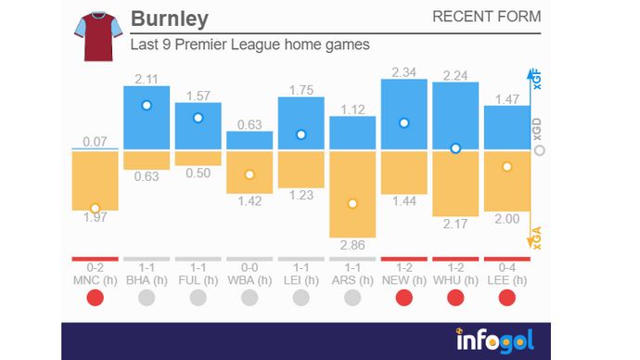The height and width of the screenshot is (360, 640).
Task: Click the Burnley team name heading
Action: pos(170,19)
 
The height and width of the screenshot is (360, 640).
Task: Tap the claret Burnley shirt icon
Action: pos(97,36)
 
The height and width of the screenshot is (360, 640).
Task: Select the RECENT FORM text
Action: pos(486,18)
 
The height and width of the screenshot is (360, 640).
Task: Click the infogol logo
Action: pos(494,340)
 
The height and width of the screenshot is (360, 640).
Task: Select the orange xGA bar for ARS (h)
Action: pos(352,195)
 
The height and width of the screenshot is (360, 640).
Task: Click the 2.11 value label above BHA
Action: pos(147,77)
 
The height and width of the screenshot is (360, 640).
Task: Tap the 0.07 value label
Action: pos(95,141)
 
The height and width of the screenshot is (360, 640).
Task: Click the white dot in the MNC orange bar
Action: pos(95,209)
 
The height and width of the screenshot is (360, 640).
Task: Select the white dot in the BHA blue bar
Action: pos(147,106)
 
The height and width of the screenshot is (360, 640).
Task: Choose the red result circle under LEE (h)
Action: pos(506,298)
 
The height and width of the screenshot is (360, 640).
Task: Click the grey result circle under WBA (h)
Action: pos(250,298)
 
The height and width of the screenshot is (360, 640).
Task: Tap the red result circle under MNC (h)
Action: pos(95,298)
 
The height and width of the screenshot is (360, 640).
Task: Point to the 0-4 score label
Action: pos(506,267)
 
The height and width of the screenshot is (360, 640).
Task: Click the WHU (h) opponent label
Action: pos(454,278)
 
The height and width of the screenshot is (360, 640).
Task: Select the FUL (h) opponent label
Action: pos(198,278)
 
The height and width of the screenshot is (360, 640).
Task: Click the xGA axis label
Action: pos(536,238)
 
